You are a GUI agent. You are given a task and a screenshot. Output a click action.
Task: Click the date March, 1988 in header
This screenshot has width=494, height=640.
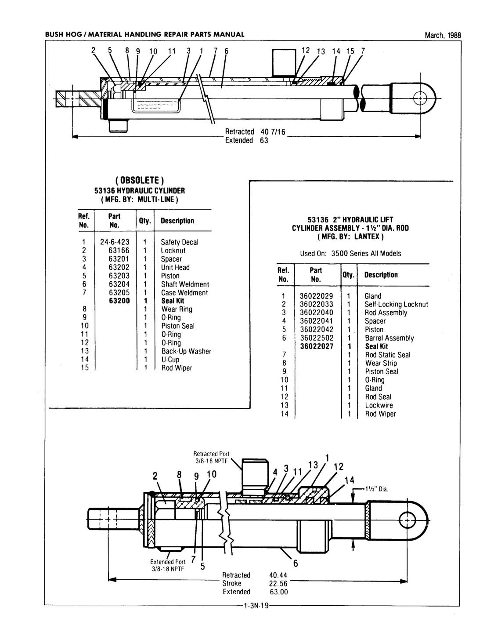(x=443, y=36)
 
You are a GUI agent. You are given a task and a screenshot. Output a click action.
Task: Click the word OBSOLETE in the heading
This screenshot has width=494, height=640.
(x=139, y=181)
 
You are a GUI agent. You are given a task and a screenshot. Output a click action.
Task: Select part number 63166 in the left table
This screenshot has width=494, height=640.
(x=119, y=251)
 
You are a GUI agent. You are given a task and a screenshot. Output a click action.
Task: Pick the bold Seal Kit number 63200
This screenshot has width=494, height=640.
(x=119, y=301)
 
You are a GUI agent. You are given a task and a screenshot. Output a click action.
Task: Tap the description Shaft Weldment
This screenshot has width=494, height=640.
(x=185, y=284)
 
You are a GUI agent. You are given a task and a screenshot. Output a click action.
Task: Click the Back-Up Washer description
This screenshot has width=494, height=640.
(x=186, y=351)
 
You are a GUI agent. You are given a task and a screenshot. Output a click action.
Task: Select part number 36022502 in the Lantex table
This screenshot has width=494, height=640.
(x=317, y=338)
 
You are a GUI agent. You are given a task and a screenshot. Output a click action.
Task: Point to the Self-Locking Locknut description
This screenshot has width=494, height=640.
(x=396, y=304)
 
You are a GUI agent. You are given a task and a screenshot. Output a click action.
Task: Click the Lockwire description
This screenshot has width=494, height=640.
(x=379, y=405)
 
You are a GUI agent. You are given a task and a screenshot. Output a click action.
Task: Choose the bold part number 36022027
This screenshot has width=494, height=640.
(x=317, y=346)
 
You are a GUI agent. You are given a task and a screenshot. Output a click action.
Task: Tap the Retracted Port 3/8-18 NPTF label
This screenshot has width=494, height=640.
(x=212, y=457)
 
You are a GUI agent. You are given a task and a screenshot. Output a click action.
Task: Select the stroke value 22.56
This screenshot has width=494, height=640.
(x=278, y=583)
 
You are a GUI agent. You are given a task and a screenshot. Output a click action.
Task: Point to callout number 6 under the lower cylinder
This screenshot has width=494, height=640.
(x=295, y=564)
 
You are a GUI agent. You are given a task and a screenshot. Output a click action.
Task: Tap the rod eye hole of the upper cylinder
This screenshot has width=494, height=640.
(x=421, y=97)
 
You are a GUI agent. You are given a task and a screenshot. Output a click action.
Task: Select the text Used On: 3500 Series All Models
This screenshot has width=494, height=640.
(x=350, y=254)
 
